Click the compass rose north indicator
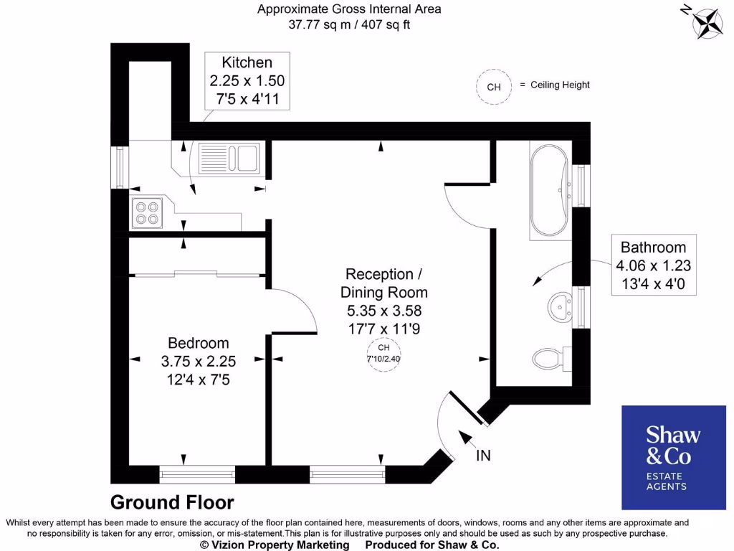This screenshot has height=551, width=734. click(x=705, y=21)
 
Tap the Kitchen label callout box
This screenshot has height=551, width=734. click(x=247, y=80)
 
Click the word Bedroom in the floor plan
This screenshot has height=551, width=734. click(x=199, y=343)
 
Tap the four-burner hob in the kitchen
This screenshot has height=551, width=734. click(x=147, y=212)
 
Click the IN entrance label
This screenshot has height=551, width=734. click(x=483, y=455)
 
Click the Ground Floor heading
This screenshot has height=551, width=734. click(x=172, y=501)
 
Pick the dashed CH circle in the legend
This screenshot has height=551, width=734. click(x=493, y=87)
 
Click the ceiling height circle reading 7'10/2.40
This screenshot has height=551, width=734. click(x=383, y=354)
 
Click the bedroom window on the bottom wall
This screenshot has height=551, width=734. click(x=197, y=473)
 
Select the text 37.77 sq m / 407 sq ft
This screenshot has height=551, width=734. click(x=349, y=24)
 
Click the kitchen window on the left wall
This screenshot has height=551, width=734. click(x=120, y=168)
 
